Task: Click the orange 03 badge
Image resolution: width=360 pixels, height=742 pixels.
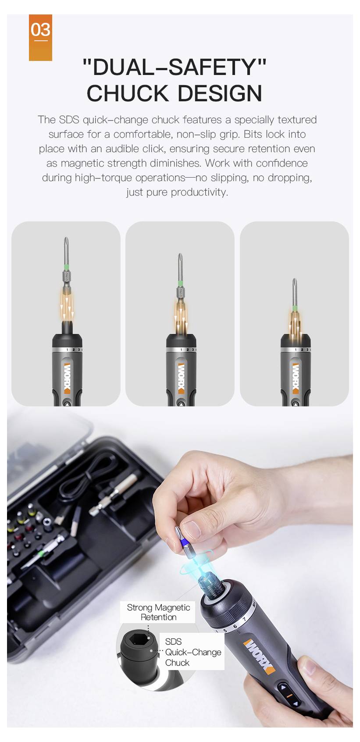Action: (40, 37)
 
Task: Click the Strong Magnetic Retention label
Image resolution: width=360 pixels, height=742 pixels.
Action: (158, 612)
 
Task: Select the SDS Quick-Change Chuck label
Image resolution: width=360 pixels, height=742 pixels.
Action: (192, 652)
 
